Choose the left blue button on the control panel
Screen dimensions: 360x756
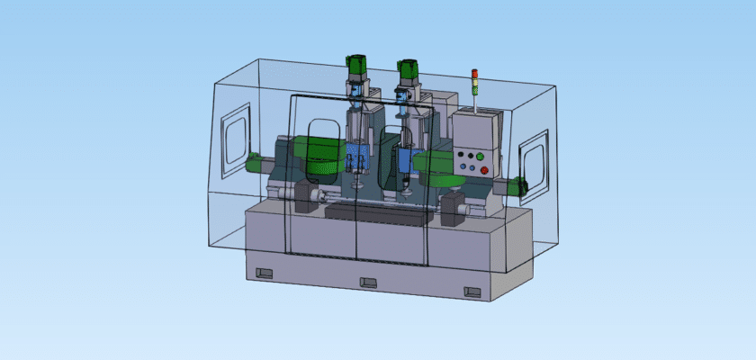462,167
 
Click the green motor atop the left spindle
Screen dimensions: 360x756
356,67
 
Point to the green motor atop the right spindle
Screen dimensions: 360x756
409,71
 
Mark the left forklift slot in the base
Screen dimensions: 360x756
264,273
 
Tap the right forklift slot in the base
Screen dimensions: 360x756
472,291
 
